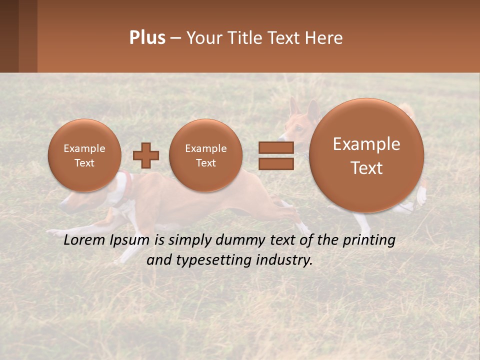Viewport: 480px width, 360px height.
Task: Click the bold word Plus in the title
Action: click(x=147, y=38)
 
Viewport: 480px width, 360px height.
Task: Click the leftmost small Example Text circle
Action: click(x=84, y=155)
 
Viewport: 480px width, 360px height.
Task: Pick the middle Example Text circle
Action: click(x=205, y=155)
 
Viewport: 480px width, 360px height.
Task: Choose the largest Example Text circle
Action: click(x=366, y=155)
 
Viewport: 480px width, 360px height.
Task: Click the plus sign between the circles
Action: click(x=146, y=155)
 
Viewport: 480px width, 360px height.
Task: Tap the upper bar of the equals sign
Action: click(x=276, y=147)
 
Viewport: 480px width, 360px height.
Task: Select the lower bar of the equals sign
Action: click(x=276, y=164)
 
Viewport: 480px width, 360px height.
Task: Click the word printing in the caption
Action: click(x=369, y=240)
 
